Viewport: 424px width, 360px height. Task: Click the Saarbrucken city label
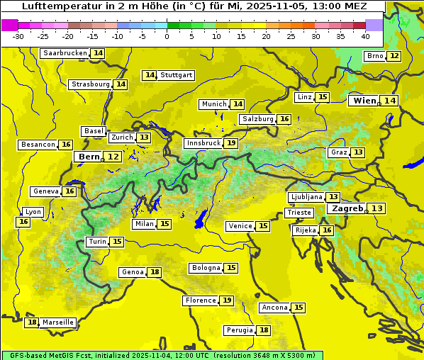click(65, 53)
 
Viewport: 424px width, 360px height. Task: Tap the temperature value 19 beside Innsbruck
click(231, 143)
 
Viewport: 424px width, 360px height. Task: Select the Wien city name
click(364, 101)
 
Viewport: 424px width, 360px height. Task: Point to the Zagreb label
click(347, 208)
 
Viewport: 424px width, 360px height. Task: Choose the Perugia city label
click(239, 330)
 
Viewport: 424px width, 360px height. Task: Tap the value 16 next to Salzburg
click(284, 119)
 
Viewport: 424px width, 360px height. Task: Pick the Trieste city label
click(299, 213)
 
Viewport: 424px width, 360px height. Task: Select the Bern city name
click(89, 157)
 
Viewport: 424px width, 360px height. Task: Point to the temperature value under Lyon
click(23, 222)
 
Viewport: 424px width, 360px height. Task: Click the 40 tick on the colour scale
click(365, 36)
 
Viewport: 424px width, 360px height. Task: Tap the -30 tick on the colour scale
click(18, 36)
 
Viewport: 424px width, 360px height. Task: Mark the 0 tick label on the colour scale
click(167, 36)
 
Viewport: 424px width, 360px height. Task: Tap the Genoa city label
click(133, 272)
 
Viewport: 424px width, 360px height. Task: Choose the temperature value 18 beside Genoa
click(155, 272)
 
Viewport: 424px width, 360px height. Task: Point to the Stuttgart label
click(177, 75)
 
